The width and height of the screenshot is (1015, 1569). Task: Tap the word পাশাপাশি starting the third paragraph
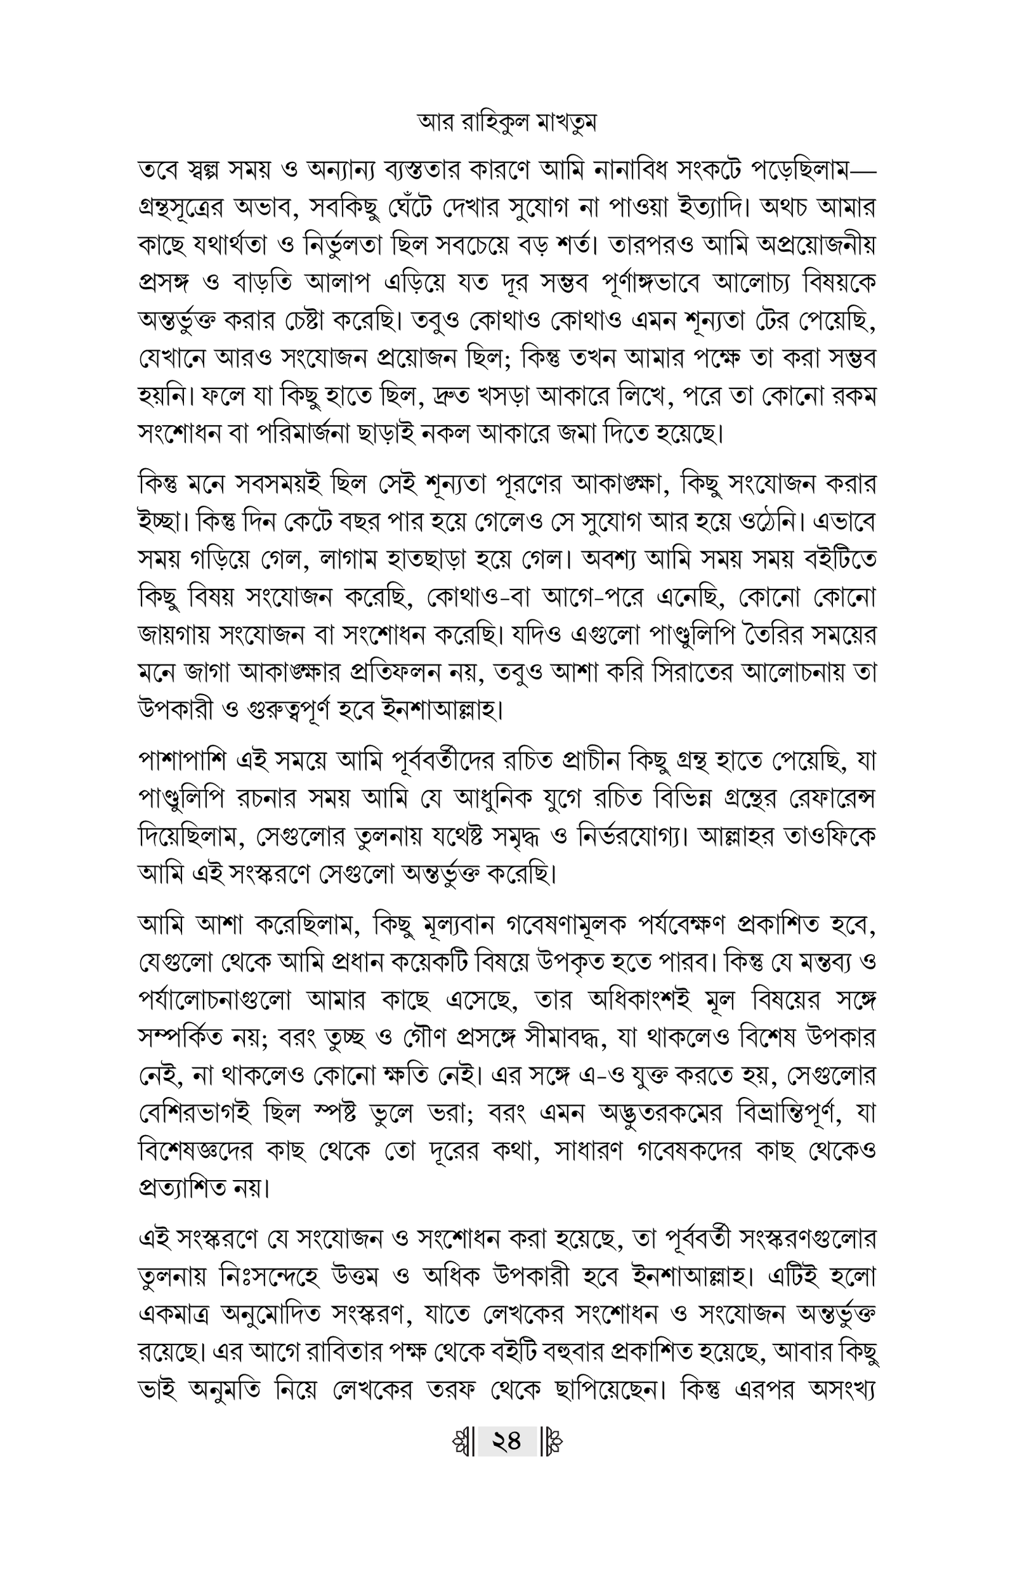pos(182,761)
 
